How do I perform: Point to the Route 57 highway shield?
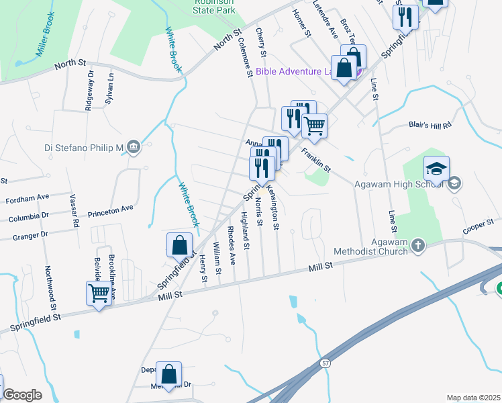[325, 363]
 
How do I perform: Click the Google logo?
[22, 395]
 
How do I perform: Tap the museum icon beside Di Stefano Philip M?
[133, 146]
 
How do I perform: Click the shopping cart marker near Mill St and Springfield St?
[99, 294]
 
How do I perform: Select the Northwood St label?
[49, 283]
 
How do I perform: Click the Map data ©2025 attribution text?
[473, 398]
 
